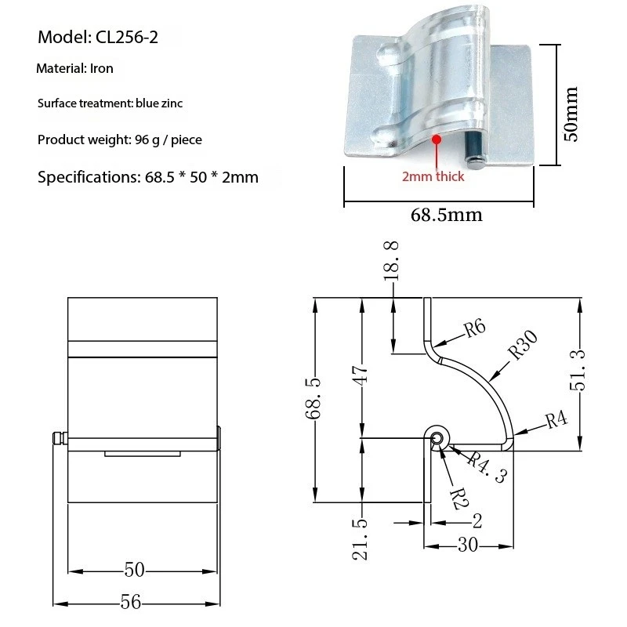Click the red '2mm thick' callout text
click(433, 176)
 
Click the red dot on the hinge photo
click(437, 138)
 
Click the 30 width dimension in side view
click(468, 545)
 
